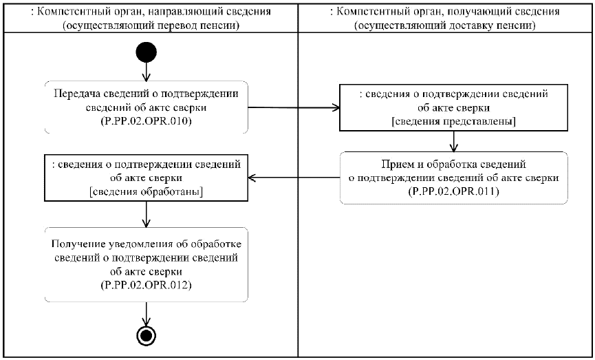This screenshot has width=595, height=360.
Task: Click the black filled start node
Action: pyautogui.click(x=146, y=52)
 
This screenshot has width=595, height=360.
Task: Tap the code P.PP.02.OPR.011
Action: pyautogui.click(x=453, y=191)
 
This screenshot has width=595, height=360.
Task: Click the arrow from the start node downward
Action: pyautogui.click(x=146, y=71)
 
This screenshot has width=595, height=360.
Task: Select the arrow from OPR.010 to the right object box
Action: pyautogui.click(x=292, y=107)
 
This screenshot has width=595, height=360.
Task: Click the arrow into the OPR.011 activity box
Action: pyautogui.click(x=453, y=142)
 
